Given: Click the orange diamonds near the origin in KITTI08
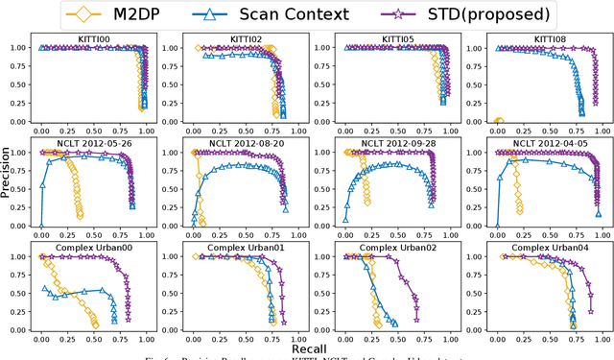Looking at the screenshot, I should (498, 121).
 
